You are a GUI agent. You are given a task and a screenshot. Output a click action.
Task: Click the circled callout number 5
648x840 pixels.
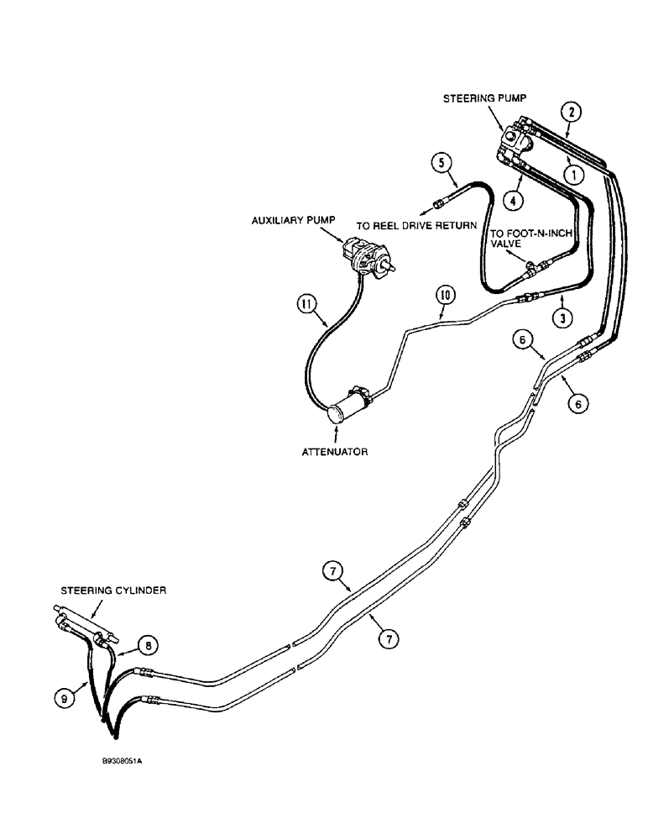pyautogui.click(x=442, y=160)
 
